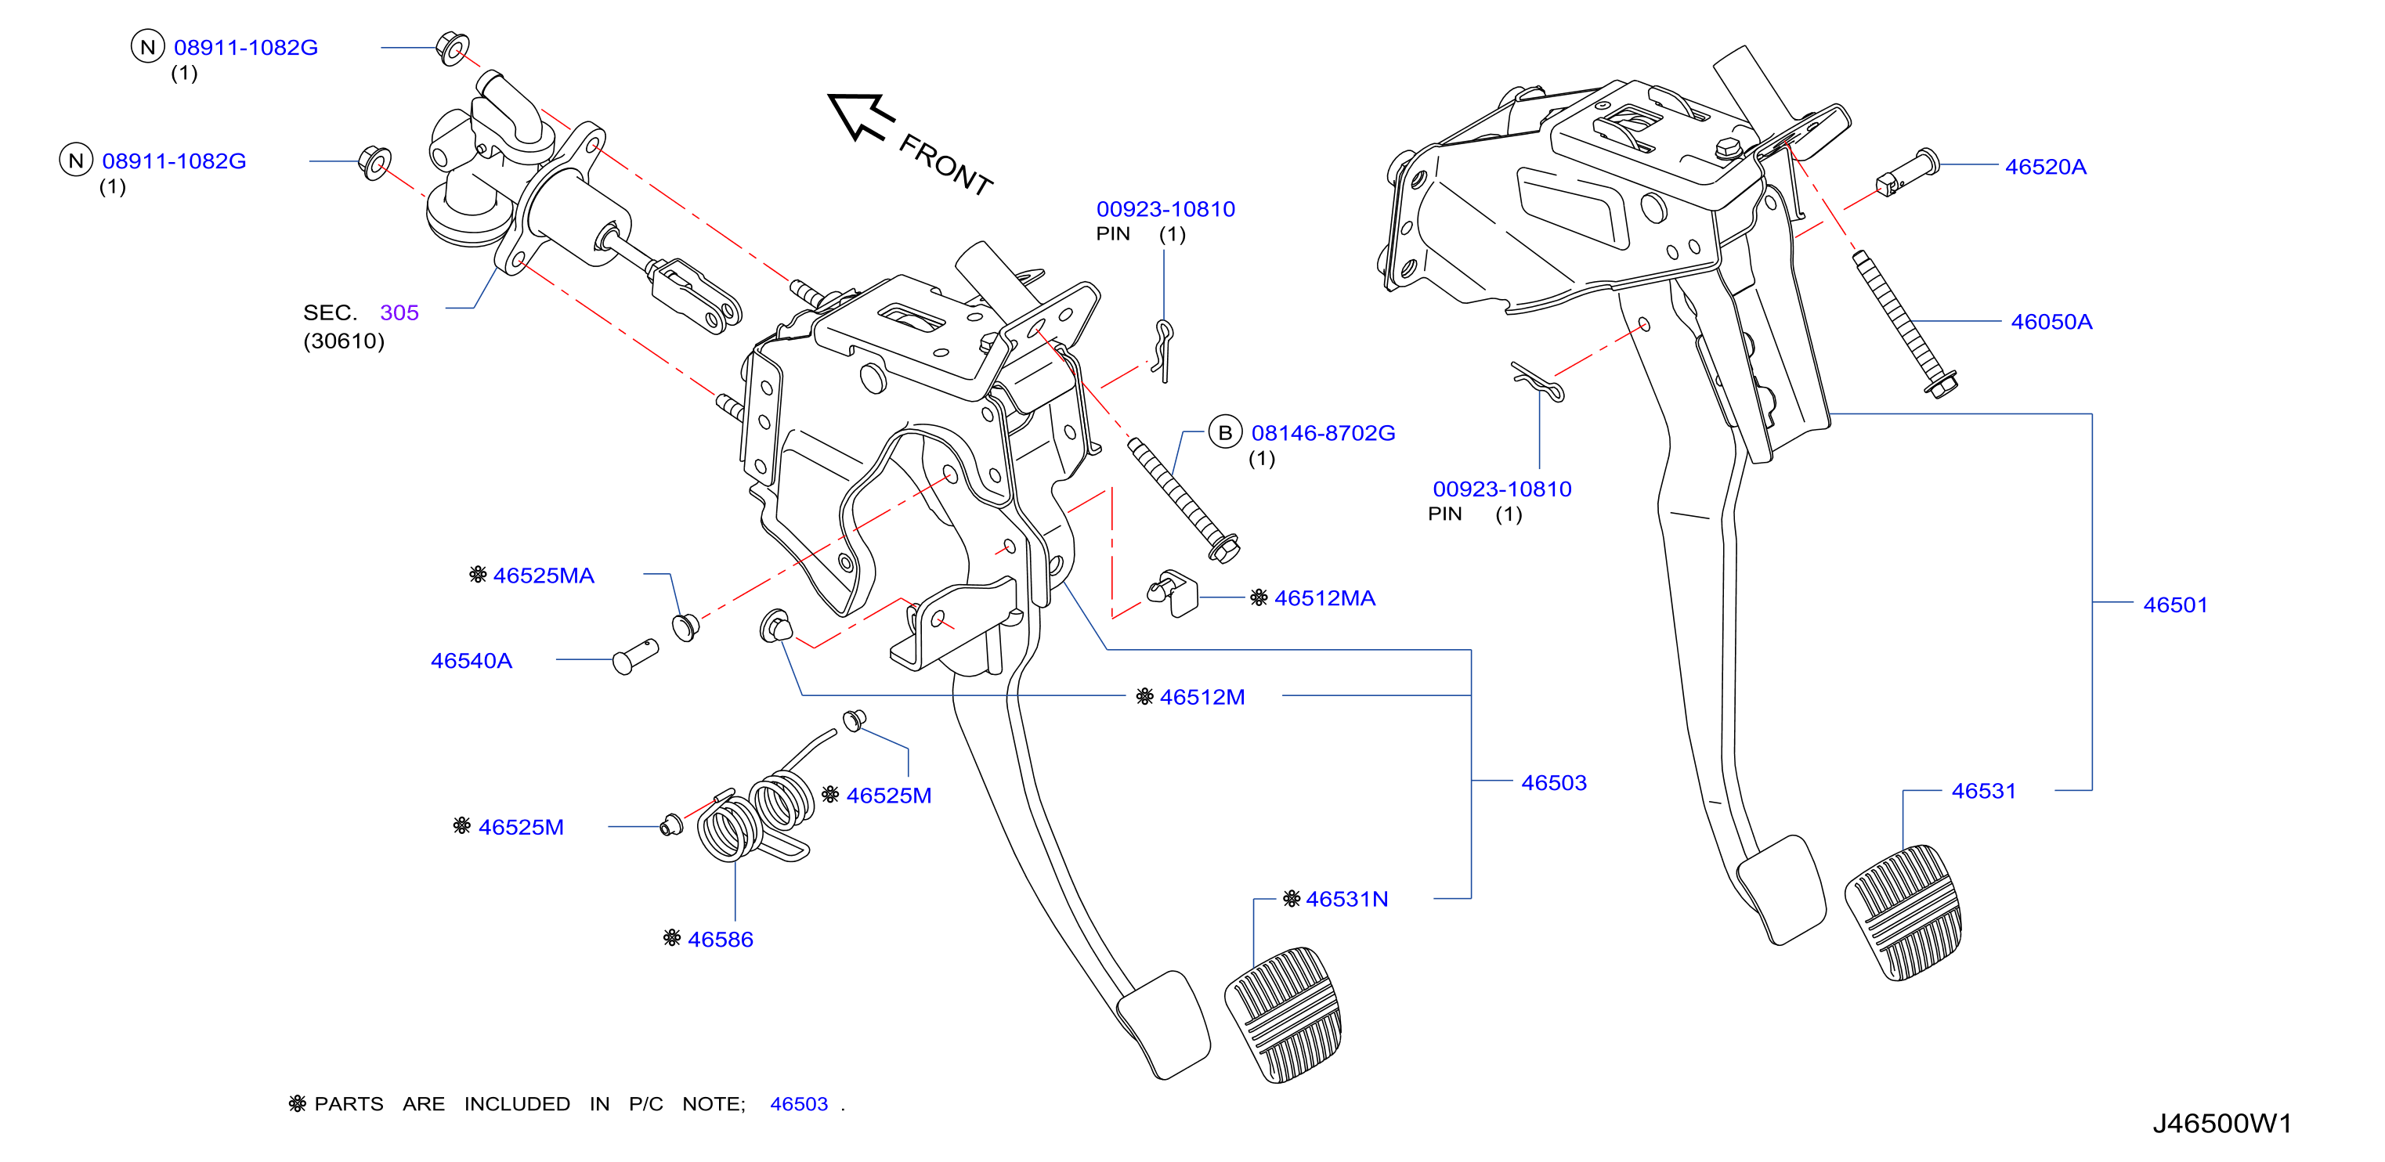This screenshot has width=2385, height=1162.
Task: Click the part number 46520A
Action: pos(2045,167)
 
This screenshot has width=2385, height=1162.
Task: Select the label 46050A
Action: pos(2051,321)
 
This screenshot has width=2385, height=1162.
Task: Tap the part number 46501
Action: pos(2175,604)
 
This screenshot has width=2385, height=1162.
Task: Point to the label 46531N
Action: pos(1346,898)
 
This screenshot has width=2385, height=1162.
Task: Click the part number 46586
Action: pos(721,939)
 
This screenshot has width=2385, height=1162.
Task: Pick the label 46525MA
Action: pos(544,575)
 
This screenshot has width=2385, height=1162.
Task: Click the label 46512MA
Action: pos(1325,598)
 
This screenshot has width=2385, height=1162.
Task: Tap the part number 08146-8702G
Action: pos(1323,432)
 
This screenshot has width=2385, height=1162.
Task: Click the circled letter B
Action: pos(1225,432)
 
